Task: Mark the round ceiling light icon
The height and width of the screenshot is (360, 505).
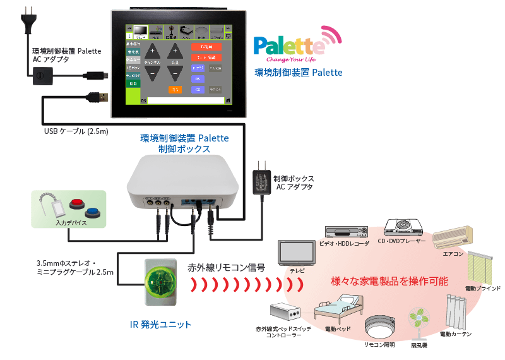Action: click(x=379, y=327)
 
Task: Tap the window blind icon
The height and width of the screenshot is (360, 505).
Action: click(x=482, y=267)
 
